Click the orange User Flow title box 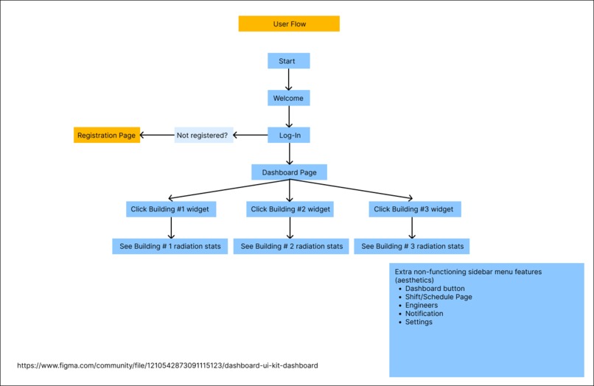pos(289,24)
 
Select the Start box pos(288,61)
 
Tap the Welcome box pos(288,98)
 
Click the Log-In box pos(288,136)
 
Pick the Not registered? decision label pos(203,136)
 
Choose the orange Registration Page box pos(107,136)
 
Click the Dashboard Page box pos(289,172)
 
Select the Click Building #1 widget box pos(170,209)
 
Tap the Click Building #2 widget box pos(290,209)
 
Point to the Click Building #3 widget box pos(413,209)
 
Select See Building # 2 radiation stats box pos(291,246)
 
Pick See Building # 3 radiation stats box pos(412,246)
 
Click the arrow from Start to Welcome pos(288,80)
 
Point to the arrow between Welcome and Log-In pos(288,116)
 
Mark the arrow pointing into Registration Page pos(156,135)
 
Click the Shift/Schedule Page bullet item pos(438,297)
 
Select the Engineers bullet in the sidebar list pos(421,305)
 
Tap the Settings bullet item pos(419,322)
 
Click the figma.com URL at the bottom pos(167,365)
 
